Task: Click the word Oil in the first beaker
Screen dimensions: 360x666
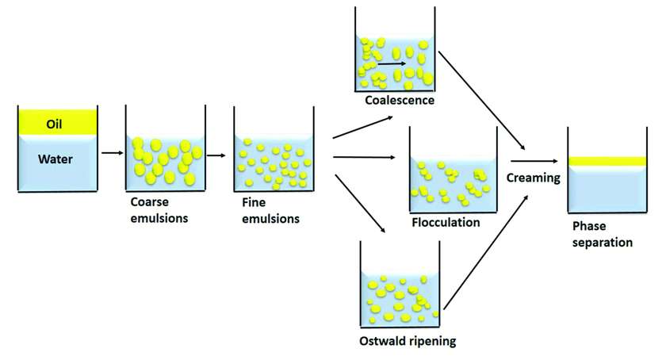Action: [52, 124]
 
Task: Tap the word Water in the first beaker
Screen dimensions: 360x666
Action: [55, 159]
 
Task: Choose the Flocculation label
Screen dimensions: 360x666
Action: [446, 222]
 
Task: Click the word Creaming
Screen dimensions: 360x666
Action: [535, 178]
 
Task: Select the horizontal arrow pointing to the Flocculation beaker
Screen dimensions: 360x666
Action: [365, 157]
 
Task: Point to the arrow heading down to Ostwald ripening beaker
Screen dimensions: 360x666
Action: [361, 204]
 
